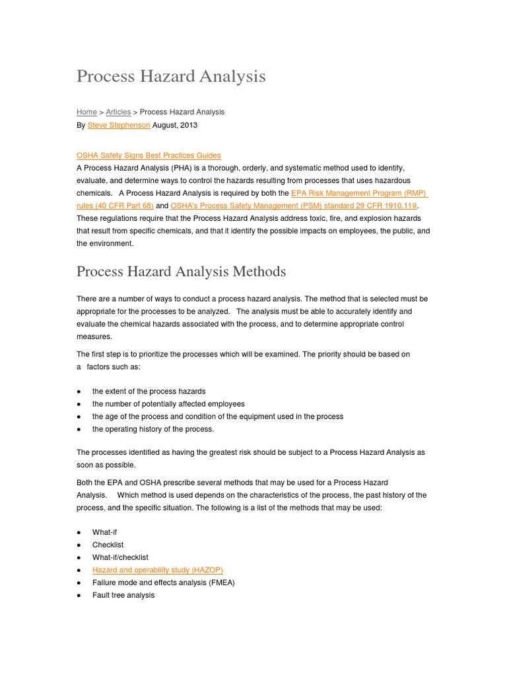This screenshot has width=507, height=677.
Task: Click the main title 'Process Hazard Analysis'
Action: pos(171,77)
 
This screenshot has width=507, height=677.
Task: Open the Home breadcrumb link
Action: pos(86,112)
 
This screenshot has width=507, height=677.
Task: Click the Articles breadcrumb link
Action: pos(118,112)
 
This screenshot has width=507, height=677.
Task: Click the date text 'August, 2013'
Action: pos(175,125)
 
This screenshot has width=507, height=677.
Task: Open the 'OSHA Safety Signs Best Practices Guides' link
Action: pos(149,156)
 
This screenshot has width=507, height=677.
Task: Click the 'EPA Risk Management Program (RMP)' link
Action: pos(359,194)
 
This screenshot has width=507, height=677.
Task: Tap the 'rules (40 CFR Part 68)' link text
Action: pos(115,206)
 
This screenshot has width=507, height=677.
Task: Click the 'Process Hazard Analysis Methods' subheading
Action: pos(182,272)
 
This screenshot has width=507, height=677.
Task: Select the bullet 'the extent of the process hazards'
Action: pos(149,391)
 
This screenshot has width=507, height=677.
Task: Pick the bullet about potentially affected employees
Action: pos(168,404)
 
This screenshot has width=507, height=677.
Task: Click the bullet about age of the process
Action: pos(217,417)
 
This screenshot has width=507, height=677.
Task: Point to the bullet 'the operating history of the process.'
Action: pos(153,429)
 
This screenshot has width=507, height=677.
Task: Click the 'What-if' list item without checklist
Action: pos(104,532)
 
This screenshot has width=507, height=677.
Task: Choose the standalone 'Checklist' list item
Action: pos(108,545)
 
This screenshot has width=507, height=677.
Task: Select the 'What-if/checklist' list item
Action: pos(120,557)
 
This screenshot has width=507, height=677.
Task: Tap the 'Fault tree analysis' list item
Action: pos(123,595)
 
